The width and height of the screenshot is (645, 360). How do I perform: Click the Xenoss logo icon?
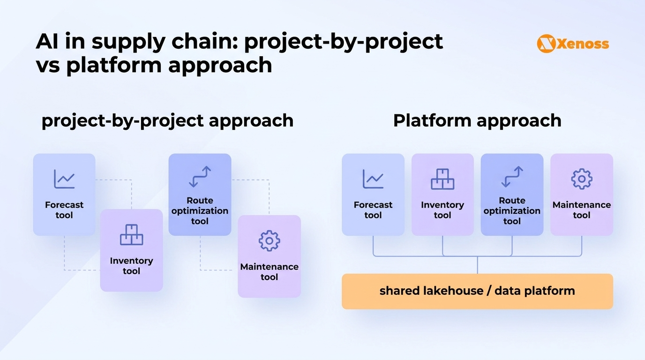tap(546, 44)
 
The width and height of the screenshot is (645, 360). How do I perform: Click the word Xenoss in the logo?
tap(583, 44)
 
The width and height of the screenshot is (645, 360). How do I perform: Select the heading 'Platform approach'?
tap(477, 120)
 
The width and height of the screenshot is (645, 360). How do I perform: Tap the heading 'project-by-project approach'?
tap(167, 120)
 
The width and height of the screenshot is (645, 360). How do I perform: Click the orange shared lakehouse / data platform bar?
tap(477, 291)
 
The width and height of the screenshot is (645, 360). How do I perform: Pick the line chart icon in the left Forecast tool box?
tap(64, 179)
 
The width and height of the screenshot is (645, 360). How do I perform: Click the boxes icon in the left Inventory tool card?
tap(131, 235)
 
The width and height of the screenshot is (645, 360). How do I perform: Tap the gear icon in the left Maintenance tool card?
tap(269, 241)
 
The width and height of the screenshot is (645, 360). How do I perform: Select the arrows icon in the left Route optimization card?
tap(200, 177)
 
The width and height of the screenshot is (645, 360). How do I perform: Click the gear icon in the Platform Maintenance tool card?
tap(581, 179)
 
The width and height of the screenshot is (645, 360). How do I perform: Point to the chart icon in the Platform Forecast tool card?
tap(373, 179)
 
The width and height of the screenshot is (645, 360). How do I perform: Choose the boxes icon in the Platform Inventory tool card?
tap(442, 179)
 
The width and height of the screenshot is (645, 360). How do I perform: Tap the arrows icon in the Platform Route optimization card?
tap(512, 177)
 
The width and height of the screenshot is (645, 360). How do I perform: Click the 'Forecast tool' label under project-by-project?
tap(64, 210)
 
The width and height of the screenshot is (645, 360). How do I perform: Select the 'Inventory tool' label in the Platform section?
tap(442, 210)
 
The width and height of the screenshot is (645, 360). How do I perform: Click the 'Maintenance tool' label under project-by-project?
tap(269, 272)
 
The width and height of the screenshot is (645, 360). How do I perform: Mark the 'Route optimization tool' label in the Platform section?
tap(512, 211)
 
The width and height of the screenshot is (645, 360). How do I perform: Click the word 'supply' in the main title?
tap(127, 42)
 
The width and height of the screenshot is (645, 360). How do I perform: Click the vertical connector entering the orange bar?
tap(477, 265)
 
